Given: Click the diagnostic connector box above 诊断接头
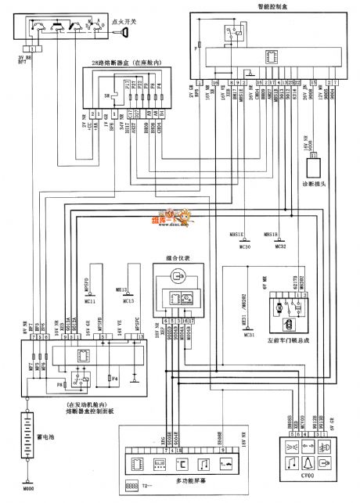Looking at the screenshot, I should click(x=316, y=164).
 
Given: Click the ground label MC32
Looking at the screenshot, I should click(x=283, y=225).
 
